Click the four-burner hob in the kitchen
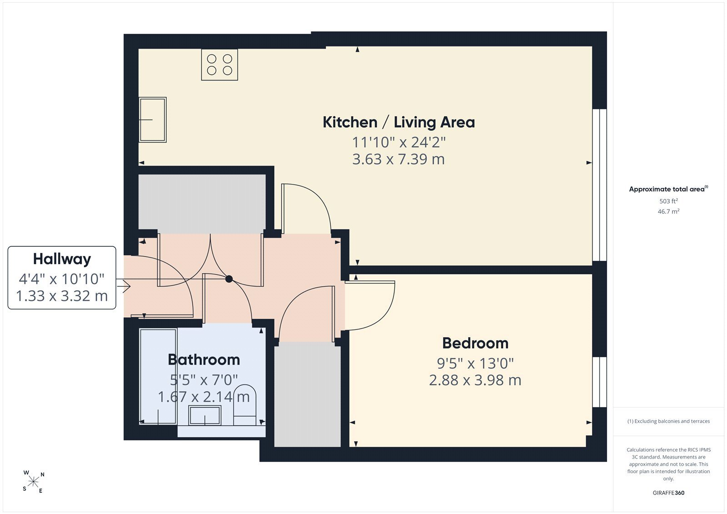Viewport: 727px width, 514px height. point(219,65)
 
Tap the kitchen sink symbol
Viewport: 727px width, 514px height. point(153,120)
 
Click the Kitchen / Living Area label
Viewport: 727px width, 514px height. point(398,122)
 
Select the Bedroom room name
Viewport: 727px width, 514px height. point(475,343)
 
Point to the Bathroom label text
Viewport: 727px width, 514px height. point(204,360)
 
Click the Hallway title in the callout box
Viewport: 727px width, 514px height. point(62,259)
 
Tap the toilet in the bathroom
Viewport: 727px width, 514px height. point(245,404)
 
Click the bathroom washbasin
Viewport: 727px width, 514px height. point(205,415)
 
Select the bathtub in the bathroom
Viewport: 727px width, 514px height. point(158,377)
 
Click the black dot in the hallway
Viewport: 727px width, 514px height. point(229,279)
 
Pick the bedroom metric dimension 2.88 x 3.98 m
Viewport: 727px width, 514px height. point(475,380)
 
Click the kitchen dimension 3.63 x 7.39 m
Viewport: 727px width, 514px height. point(398,159)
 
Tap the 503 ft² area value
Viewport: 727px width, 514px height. point(668,201)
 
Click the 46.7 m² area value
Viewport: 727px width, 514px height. point(668,211)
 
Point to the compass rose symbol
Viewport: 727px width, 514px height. point(33,482)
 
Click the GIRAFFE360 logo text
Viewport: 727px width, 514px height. point(668,493)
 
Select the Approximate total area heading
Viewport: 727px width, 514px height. point(668,189)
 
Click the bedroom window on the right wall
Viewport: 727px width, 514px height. point(599,382)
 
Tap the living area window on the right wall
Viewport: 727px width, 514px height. point(599,185)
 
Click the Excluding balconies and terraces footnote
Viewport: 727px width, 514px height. point(668,421)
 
